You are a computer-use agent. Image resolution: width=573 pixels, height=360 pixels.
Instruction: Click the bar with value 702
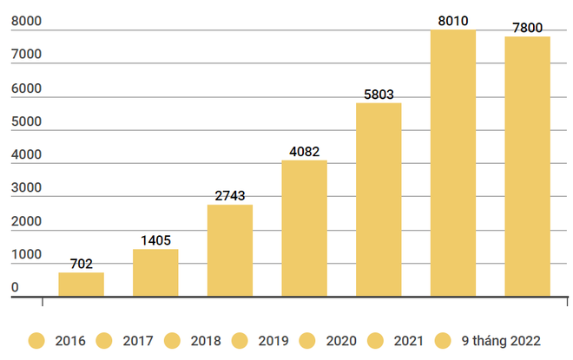point(81,285)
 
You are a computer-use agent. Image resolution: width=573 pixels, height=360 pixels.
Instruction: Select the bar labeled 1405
point(155,273)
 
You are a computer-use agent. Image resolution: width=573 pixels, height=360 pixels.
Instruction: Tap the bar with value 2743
point(230,252)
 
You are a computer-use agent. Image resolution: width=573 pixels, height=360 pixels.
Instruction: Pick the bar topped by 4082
point(304,229)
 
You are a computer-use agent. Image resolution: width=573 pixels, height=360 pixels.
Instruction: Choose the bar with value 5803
point(379,200)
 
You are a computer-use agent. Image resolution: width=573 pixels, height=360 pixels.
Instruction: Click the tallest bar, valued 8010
point(453,164)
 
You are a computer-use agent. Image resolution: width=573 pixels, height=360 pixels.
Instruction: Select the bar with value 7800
point(527,167)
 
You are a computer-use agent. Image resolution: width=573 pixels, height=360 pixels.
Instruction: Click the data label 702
point(81,264)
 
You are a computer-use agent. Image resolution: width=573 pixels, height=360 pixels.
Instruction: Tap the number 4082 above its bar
point(304,152)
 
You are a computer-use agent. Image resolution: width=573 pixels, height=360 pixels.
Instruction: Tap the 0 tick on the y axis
point(15,288)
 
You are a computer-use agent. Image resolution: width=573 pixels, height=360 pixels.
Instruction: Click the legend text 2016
point(69,340)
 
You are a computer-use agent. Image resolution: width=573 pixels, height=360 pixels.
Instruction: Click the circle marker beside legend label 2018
point(172,340)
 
